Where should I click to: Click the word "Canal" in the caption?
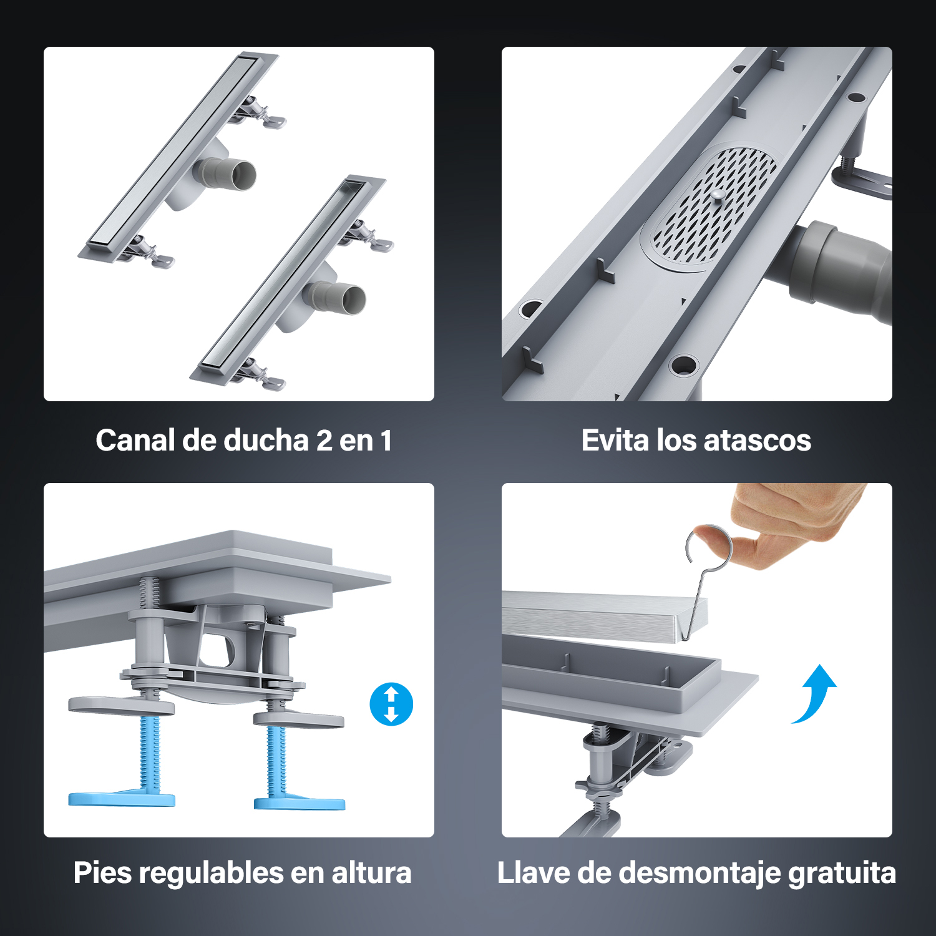point(135,441)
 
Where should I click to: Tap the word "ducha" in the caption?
point(266,441)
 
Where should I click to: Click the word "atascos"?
point(758,441)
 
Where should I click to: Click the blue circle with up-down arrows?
point(391,704)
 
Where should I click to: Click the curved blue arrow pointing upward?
point(815,695)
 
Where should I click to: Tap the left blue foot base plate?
point(122,799)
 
